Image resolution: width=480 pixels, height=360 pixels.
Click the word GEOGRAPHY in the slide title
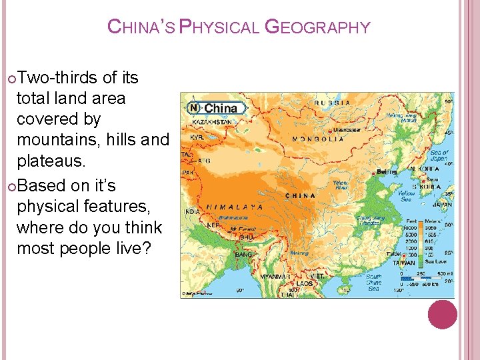click(317, 27)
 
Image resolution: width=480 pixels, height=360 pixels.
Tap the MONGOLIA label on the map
click(318, 139)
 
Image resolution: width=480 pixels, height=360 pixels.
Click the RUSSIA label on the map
click(332, 103)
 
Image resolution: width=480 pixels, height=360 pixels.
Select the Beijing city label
click(387, 172)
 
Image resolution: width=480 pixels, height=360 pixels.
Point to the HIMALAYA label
click(234, 207)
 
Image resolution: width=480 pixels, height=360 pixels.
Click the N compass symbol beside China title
click(193, 107)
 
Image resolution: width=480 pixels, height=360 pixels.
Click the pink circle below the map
click(443, 314)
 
